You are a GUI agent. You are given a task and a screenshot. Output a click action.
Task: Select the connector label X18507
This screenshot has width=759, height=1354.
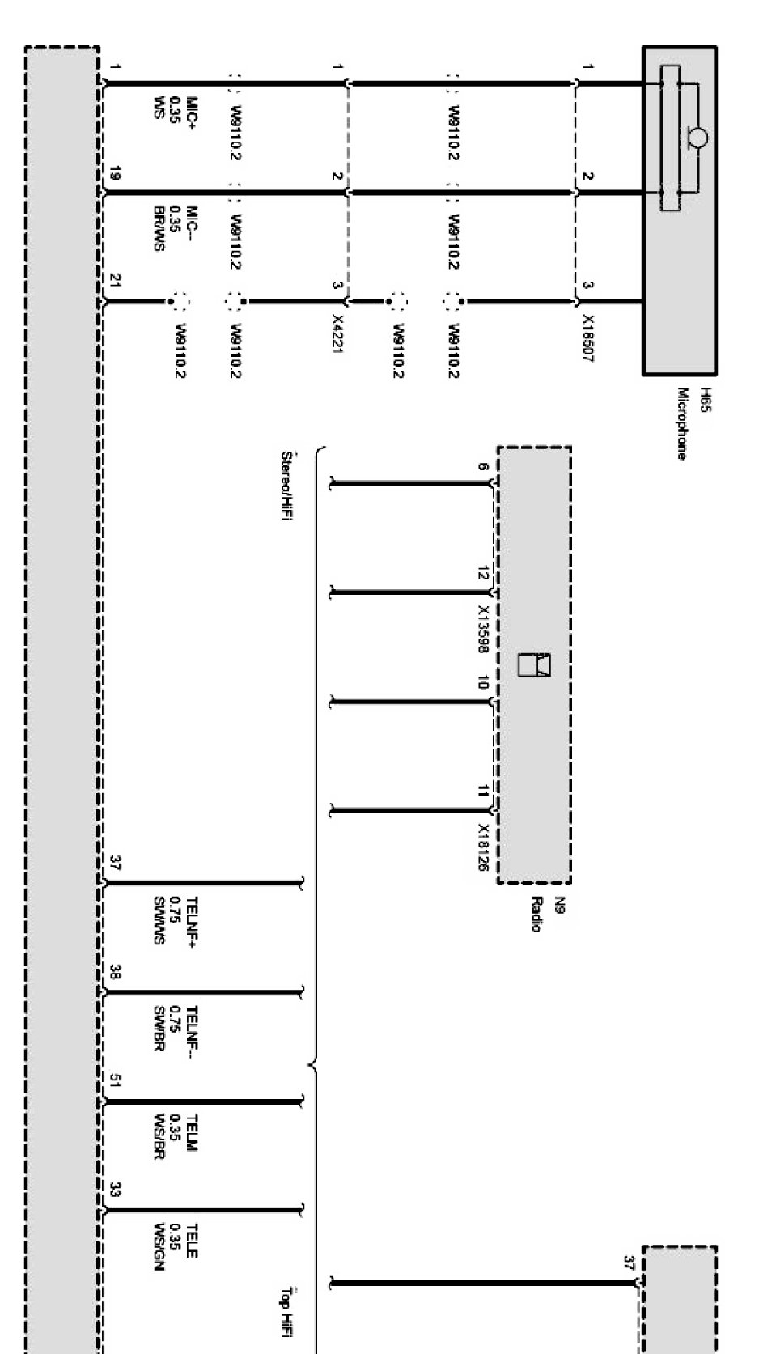[x=588, y=338]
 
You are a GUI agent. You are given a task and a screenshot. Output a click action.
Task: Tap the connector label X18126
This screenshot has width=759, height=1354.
[x=483, y=848]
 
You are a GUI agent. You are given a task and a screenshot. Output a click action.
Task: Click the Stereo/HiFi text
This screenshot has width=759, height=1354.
[x=285, y=486]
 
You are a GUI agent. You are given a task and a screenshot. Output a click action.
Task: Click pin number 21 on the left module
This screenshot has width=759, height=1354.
[x=115, y=281]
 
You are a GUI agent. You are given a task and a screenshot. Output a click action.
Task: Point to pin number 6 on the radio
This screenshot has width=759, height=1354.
[x=483, y=467]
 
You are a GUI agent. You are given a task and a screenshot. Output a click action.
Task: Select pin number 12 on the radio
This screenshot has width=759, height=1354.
[x=483, y=575]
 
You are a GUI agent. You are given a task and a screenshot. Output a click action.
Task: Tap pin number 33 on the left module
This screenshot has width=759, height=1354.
[x=115, y=1191]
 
